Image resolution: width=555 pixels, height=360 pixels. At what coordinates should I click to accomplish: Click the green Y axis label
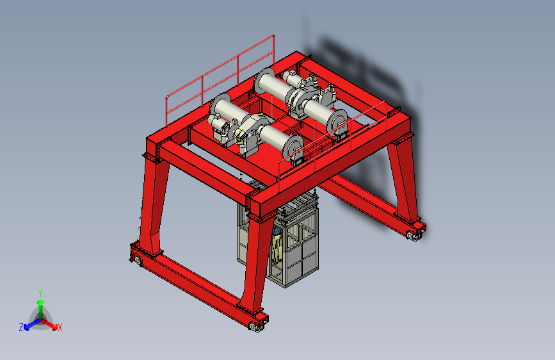[x=40, y=293]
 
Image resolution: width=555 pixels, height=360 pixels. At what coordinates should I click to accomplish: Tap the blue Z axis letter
[x=21, y=327]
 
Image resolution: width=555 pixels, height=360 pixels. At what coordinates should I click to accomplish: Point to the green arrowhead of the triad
[x=41, y=302]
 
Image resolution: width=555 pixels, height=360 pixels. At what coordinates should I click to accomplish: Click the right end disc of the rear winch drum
[x=337, y=121]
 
